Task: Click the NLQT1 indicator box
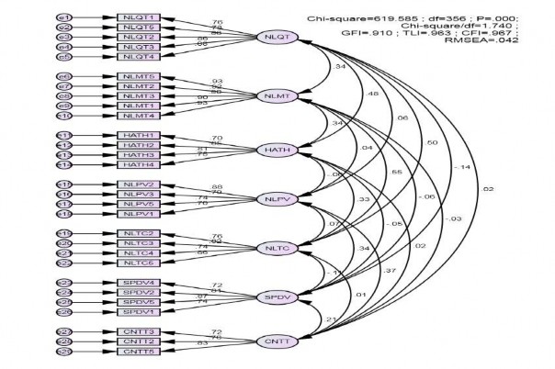pyautogui.click(x=139, y=17)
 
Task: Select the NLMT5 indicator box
pyautogui.click(x=139, y=76)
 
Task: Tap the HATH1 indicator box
pyautogui.click(x=139, y=135)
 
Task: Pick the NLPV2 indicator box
pyautogui.click(x=139, y=184)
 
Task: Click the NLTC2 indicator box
pyautogui.click(x=139, y=234)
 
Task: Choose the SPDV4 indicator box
pyautogui.click(x=139, y=283)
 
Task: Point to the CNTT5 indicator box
pyautogui.click(x=139, y=351)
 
